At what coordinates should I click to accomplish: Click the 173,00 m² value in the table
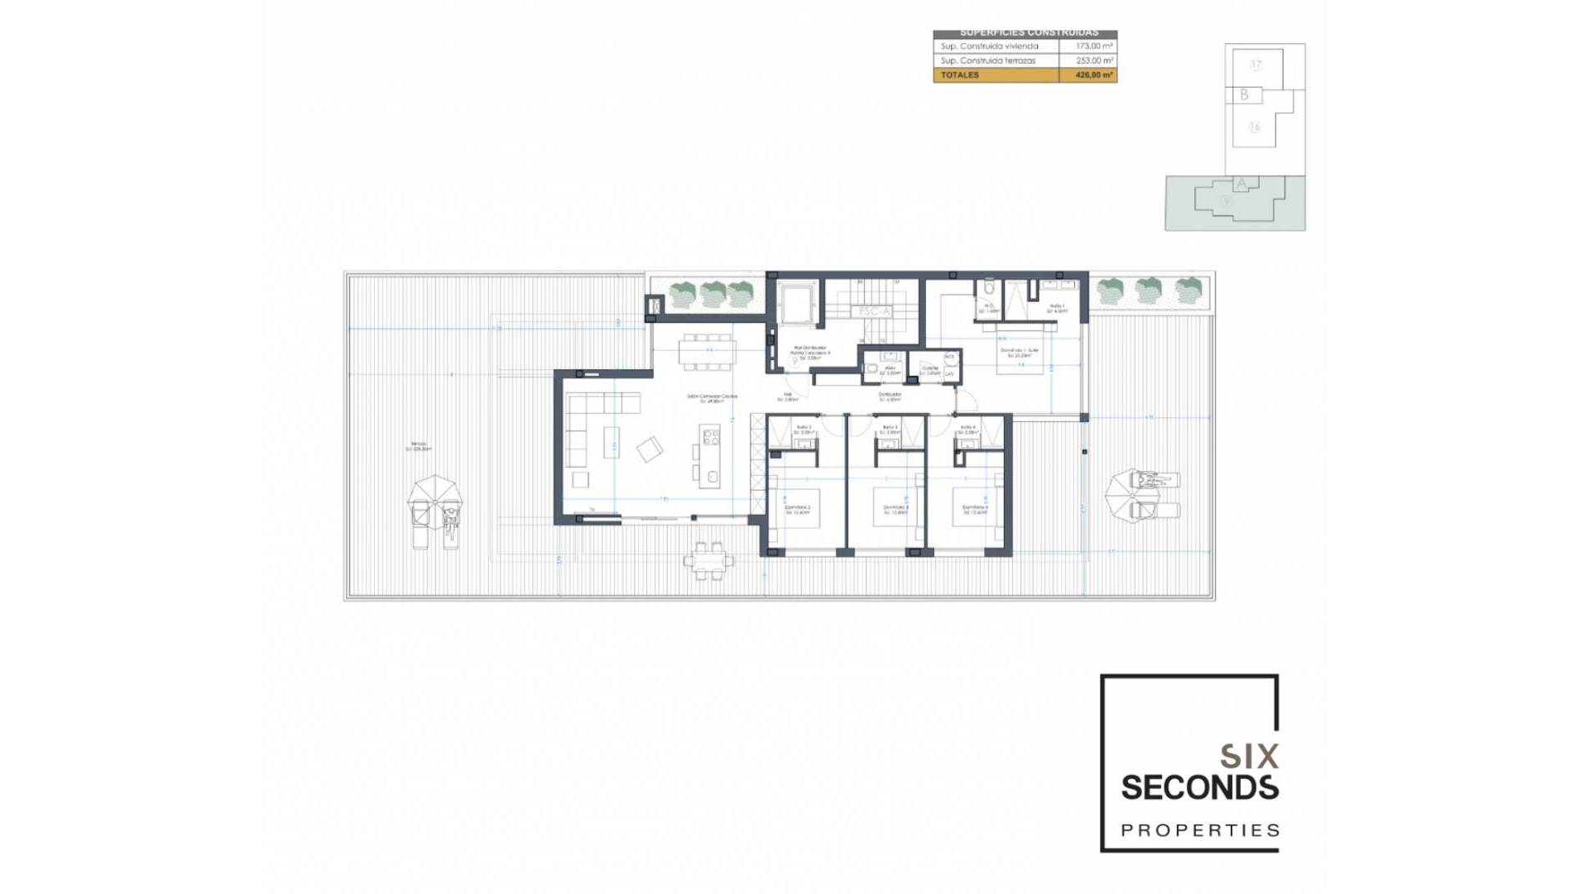click(1093, 46)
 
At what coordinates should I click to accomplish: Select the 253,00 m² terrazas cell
click(1093, 60)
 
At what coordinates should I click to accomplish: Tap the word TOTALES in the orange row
click(959, 75)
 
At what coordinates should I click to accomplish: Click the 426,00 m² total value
click(1093, 75)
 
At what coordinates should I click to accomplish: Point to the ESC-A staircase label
click(874, 311)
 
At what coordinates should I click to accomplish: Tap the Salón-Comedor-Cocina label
click(711, 397)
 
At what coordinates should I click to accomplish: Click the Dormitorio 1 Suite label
click(1019, 351)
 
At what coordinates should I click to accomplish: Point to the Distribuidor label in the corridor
click(890, 395)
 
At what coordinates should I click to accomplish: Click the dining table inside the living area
click(707, 351)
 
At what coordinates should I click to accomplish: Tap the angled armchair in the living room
click(650, 449)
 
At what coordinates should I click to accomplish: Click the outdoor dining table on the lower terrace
click(708, 560)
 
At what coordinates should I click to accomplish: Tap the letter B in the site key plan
click(1243, 95)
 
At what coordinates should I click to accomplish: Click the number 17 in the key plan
click(1255, 65)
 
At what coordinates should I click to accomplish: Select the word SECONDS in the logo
click(1199, 788)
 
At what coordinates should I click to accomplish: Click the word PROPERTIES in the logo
click(1199, 830)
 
